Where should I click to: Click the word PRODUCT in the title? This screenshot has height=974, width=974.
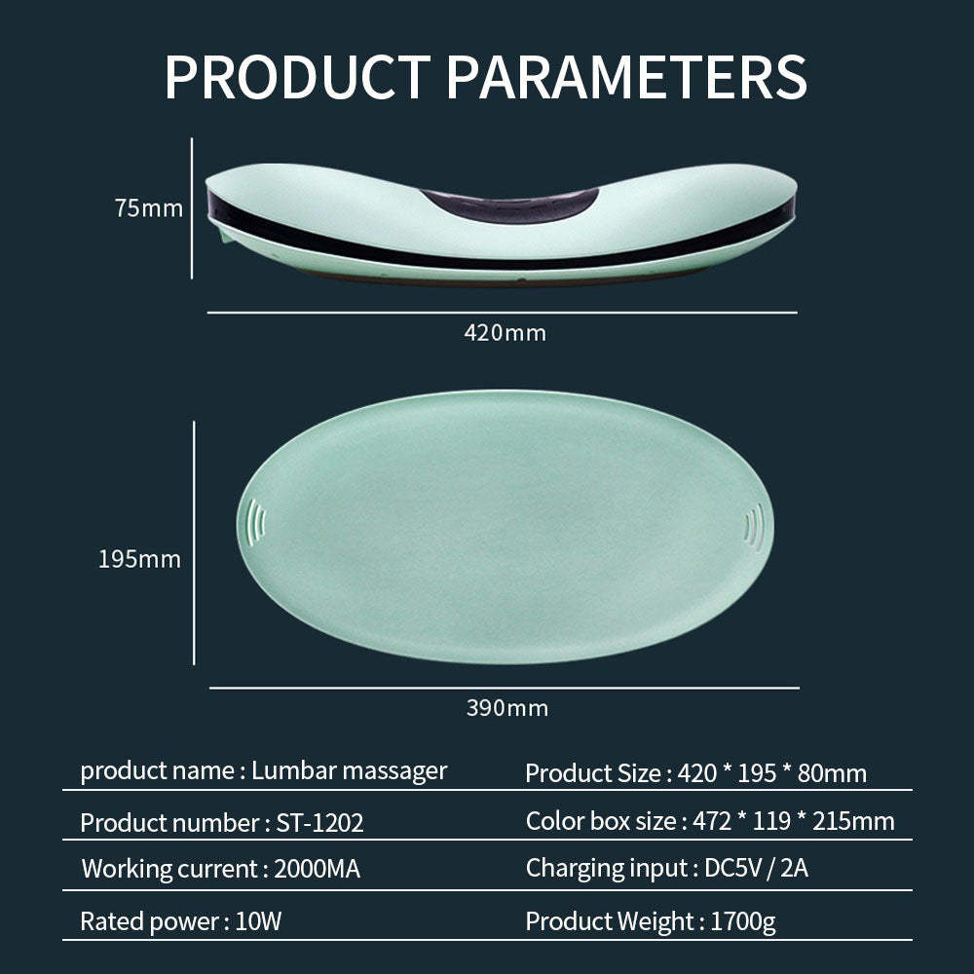click(297, 77)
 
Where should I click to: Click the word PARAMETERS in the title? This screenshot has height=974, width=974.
click(627, 77)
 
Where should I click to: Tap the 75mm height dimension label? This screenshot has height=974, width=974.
click(148, 208)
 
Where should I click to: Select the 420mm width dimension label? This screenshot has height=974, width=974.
click(505, 333)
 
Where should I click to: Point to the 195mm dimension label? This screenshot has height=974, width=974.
click(139, 559)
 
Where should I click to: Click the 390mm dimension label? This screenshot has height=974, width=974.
click(506, 708)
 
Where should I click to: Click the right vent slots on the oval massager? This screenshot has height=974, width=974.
click(754, 522)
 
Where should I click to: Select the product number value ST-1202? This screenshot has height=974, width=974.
click(319, 823)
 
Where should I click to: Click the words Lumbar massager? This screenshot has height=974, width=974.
click(349, 771)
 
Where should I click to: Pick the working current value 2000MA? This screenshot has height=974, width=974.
click(317, 869)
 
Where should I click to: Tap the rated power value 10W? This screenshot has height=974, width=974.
click(258, 920)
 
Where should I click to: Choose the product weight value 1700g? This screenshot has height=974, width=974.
click(743, 921)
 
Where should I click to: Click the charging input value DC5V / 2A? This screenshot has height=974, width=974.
click(756, 868)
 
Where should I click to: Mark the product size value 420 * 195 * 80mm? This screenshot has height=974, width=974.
click(772, 773)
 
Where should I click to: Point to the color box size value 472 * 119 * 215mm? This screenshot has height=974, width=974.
click(794, 821)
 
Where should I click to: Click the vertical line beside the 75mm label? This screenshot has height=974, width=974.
click(192, 208)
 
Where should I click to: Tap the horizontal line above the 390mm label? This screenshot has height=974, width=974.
click(505, 688)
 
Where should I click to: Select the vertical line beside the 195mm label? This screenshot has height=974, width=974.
click(195, 543)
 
